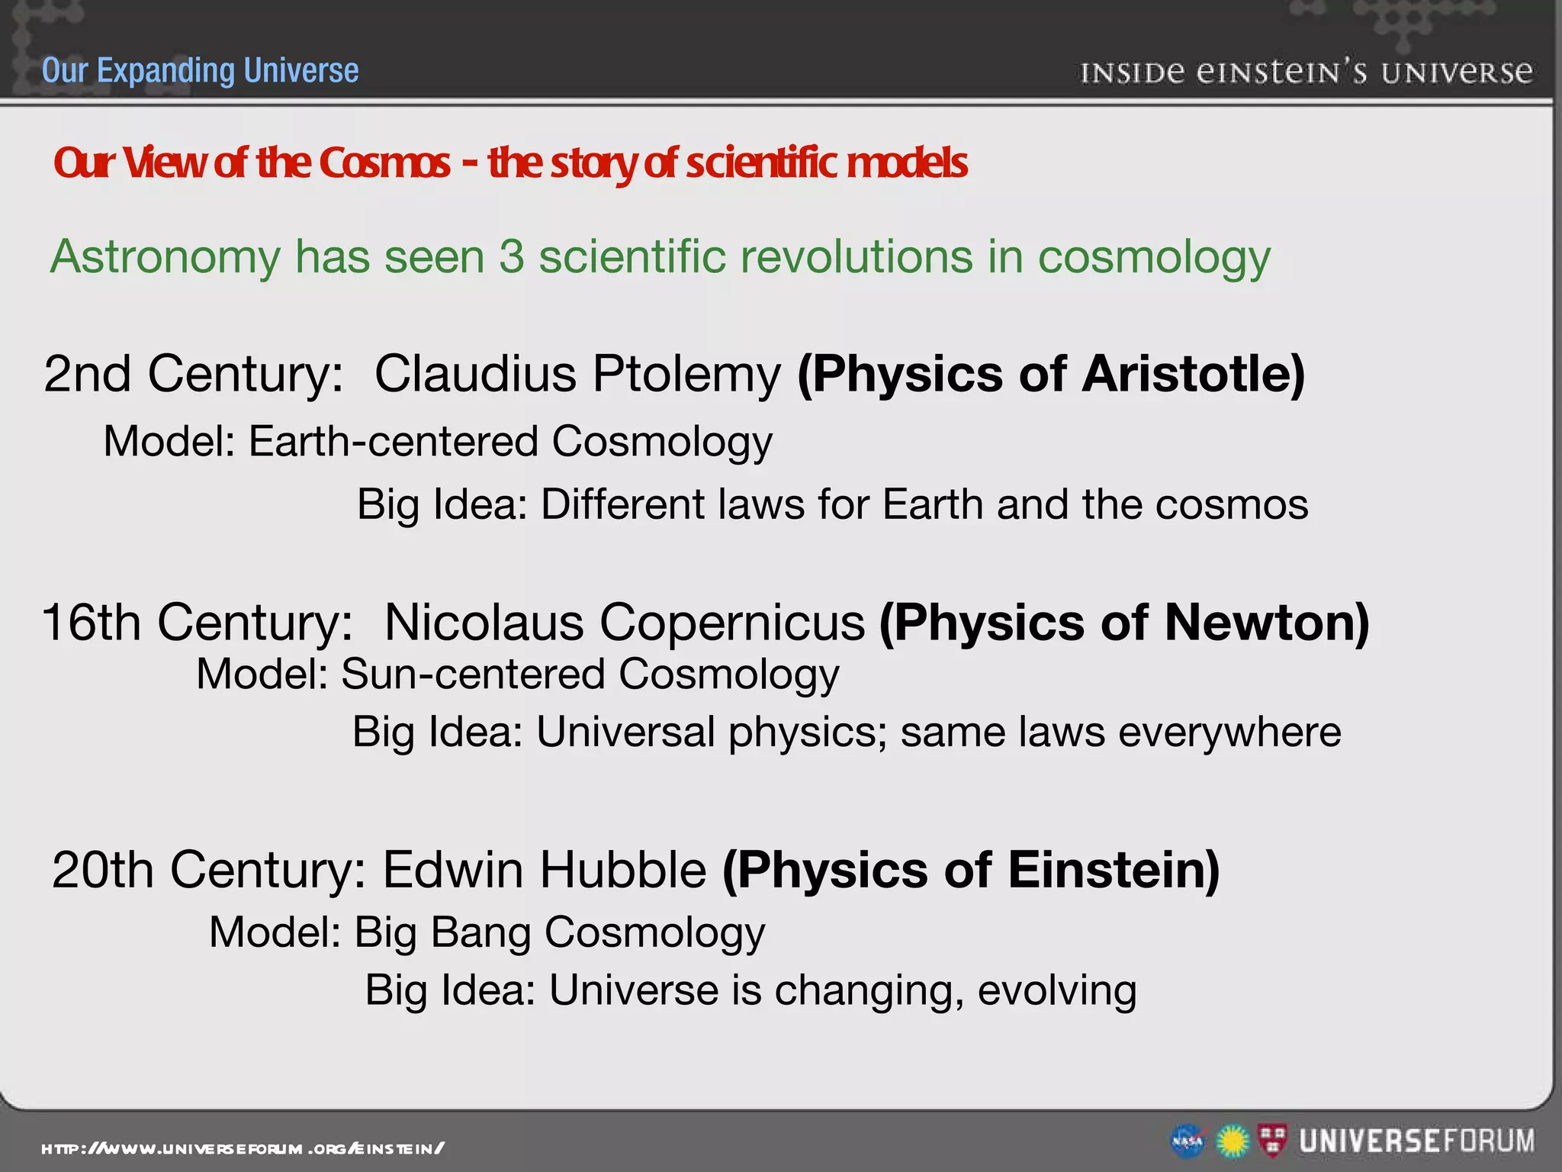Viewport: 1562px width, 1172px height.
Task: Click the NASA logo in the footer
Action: click(x=1188, y=1141)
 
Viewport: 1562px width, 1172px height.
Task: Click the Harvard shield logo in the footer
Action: click(x=1271, y=1140)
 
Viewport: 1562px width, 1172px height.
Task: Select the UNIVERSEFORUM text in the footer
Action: click(x=1417, y=1141)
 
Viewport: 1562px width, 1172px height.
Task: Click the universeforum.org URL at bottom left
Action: click(x=243, y=1148)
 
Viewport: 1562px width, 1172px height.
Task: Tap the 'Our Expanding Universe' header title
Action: click(x=200, y=70)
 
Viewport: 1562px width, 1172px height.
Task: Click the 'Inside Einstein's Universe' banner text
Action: click(x=1306, y=72)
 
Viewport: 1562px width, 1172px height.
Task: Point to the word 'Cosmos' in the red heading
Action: click(x=384, y=163)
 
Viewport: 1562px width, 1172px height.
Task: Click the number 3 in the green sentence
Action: click(x=511, y=256)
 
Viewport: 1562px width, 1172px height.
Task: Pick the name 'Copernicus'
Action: click(x=732, y=623)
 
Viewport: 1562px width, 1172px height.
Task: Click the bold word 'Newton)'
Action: click(x=1267, y=623)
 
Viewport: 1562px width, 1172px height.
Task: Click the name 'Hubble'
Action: click(x=623, y=870)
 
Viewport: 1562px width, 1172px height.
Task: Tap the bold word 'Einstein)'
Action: click(x=1114, y=870)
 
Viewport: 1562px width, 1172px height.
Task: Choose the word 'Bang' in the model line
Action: click(x=480, y=933)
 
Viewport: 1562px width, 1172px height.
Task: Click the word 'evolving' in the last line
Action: click(x=1057, y=990)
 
